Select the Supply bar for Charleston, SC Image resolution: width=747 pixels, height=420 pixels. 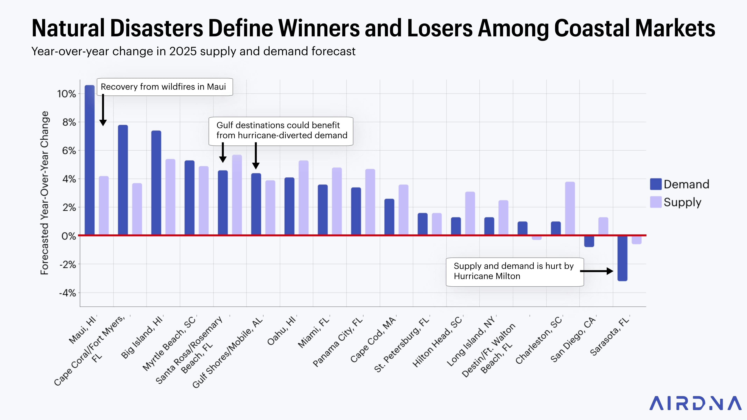(x=570, y=208)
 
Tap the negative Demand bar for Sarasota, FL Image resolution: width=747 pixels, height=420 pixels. (x=622, y=258)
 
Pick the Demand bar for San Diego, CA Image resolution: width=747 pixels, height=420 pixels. (x=589, y=241)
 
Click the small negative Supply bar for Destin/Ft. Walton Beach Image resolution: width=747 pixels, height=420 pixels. (x=537, y=238)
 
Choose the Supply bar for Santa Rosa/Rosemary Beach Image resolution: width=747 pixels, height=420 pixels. (x=237, y=195)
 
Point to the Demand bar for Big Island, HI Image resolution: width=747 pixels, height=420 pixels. (x=156, y=183)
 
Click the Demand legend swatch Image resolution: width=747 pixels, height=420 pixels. (x=656, y=184)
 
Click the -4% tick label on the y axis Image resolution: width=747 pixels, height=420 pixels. (x=67, y=293)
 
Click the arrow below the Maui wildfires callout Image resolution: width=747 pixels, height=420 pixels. (x=103, y=110)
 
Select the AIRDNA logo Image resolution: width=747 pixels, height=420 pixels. (x=695, y=403)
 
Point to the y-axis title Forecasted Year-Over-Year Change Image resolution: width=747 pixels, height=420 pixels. (x=44, y=193)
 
